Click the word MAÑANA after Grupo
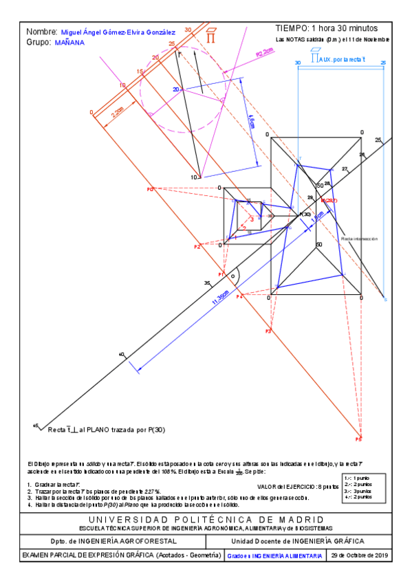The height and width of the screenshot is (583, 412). click(x=69, y=42)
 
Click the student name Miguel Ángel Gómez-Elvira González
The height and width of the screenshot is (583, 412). click(x=118, y=32)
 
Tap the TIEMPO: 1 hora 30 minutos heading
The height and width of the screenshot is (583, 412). click(x=326, y=28)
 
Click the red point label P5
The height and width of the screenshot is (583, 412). click(x=358, y=438)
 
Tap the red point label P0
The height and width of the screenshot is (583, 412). click(x=149, y=188)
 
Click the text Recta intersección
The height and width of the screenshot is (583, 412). click(x=360, y=239)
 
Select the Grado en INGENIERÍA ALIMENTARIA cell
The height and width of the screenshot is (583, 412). click(x=275, y=555)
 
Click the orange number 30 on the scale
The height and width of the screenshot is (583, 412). click(x=188, y=30)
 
